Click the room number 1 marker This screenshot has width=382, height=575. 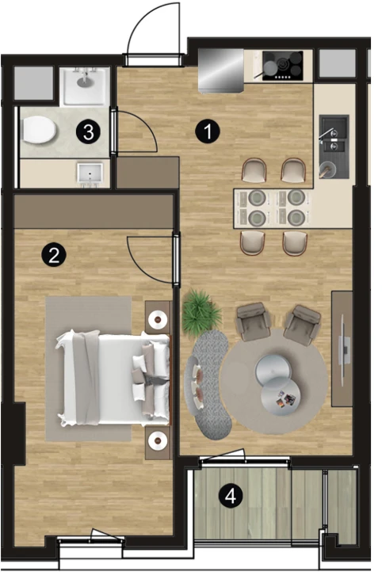click(x=208, y=131)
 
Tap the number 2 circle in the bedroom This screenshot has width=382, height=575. click(x=54, y=254)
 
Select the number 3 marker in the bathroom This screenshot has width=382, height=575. click(x=89, y=132)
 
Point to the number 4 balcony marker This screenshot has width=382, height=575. click(x=231, y=496)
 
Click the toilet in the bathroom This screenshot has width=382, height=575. click(x=39, y=131)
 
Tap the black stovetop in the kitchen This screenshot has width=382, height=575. click(x=283, y=66)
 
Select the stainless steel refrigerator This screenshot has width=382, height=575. click(x=221, y=70)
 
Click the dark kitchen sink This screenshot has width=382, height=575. click(x=334, y=147)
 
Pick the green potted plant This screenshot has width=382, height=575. click(x=201, y=314)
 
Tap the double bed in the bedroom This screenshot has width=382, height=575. click(x=114, y=378)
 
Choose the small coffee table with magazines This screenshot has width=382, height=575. click(x=281, y=397)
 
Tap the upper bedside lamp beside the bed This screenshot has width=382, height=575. click(x=159, y=318)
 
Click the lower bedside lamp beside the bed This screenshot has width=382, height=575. click(x=159, y=441)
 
